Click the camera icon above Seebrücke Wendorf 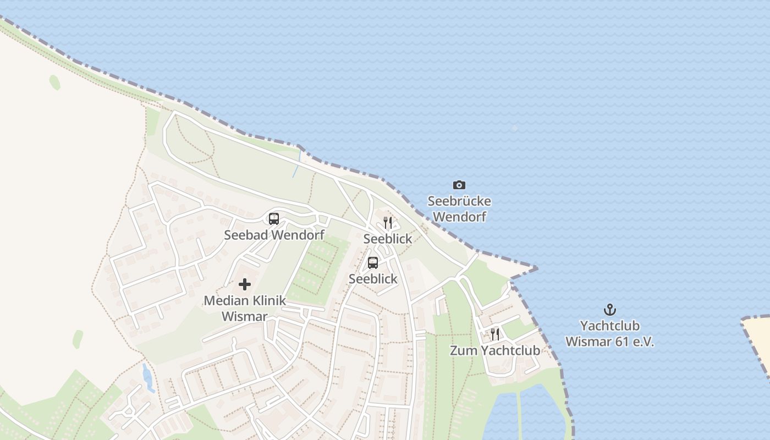459,185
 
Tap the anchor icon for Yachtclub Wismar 610,310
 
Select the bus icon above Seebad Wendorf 274,219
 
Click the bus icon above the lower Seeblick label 373,263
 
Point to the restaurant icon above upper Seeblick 388,223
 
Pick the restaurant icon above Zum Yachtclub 495,334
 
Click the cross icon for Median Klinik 245,284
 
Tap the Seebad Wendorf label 274,235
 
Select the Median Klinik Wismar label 245,309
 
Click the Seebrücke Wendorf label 459,209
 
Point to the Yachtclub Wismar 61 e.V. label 610,334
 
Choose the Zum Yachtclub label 495,350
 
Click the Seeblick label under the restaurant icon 388,239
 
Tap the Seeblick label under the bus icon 373,279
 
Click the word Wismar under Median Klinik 245,317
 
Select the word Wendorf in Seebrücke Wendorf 459,217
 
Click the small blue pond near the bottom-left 148,377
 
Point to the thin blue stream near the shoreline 296,165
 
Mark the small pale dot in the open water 514,128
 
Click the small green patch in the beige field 54,82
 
